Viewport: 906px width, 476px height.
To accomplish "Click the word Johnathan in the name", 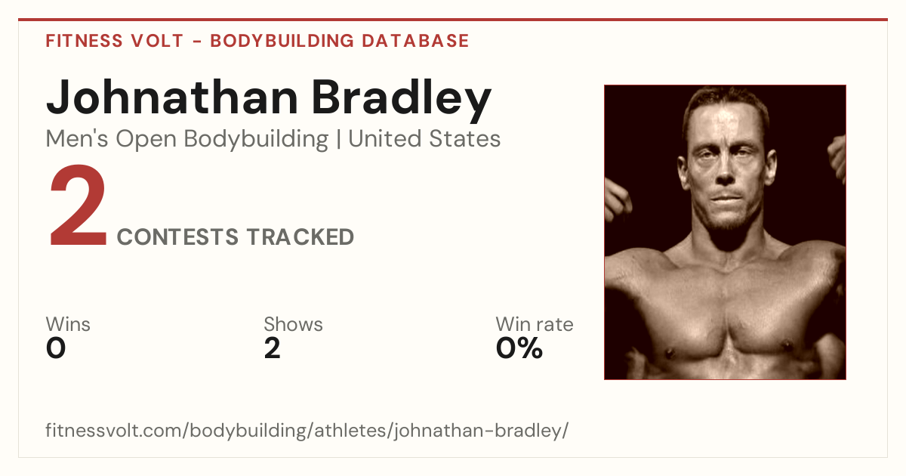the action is [172, 97].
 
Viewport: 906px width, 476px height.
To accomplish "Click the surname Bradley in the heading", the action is [402, 100].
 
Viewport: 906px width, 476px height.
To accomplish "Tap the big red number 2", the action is [78, 206].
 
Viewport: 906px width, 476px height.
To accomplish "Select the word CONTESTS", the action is [177, 236].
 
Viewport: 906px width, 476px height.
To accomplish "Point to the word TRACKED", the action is [300, 236].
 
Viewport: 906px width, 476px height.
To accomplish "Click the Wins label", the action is [68, 324].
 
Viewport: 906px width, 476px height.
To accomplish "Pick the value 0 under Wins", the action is [56, 348].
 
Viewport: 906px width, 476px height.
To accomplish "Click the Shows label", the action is [293, 324].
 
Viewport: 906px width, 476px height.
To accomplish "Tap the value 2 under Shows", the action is [273, 348].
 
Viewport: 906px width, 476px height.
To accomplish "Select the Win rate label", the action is [535, 324].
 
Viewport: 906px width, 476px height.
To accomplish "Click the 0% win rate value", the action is [519, 348].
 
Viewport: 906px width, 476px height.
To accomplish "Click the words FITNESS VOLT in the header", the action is [115, 41].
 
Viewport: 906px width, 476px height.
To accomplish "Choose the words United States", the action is [424, 139].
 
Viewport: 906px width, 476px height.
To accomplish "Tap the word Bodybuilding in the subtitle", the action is [256, 140].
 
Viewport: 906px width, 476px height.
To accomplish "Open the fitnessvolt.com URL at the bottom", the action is [307, 431].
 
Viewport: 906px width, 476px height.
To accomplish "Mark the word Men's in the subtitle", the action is [77, 139].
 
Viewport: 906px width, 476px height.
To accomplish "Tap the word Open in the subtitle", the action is [146, 140].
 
